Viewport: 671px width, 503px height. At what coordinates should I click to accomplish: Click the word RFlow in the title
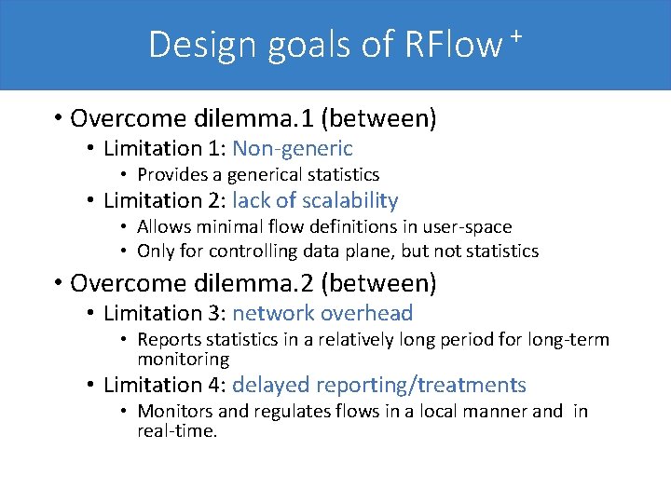pos(453,45)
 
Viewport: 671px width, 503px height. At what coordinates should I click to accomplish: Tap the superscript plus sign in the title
pos(514,35)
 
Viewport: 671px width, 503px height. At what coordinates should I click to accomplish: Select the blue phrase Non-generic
pos(293,148)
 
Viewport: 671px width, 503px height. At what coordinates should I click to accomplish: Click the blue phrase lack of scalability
pos(315,200)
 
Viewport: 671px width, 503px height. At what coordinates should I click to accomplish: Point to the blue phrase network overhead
pos(322,314)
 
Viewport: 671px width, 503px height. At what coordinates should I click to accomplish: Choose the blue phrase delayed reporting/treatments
pos(379,385)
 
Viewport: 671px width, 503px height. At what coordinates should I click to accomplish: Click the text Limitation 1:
pos(165,148)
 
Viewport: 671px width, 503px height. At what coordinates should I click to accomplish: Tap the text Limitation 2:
pos(165,200)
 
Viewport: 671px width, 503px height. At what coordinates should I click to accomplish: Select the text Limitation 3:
pos(165,314)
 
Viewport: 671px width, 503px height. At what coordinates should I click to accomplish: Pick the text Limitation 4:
pos(165,385)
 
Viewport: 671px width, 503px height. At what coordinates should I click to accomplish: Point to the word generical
pos(256,174)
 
